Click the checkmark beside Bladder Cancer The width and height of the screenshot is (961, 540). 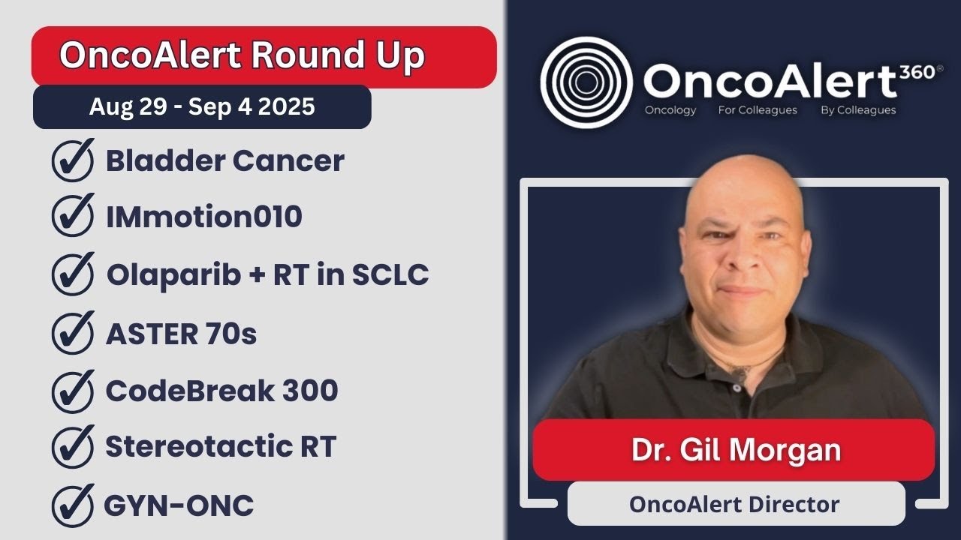pos(73,160)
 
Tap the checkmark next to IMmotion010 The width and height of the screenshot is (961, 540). pos(73,215)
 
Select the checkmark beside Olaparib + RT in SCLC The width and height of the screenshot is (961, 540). pos(73,274)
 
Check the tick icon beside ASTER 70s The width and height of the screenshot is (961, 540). pos(73,333)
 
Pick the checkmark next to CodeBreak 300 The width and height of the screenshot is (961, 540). pos(73,391)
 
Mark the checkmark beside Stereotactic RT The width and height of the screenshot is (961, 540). pos(73,446)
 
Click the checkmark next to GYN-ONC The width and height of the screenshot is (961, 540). pos(73,505)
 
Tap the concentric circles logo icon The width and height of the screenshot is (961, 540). pos(586,82)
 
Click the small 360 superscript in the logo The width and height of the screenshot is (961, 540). pos(917,72)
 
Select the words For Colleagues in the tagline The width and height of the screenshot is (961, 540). pos(758,110)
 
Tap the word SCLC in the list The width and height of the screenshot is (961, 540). pos(390,274)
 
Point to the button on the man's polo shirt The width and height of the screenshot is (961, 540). pos(737,388)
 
